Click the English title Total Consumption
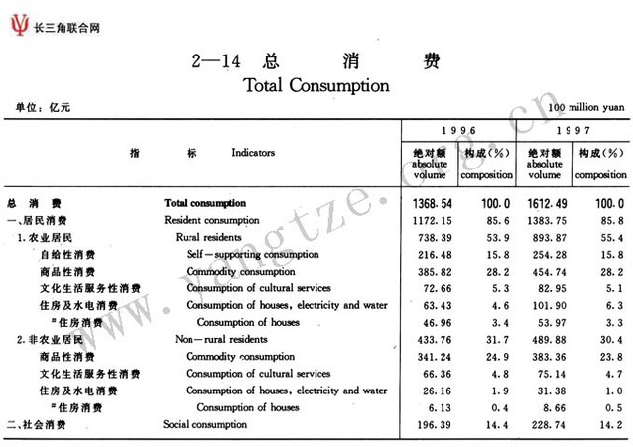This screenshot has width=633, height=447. point(316,85)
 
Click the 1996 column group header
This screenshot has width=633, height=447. point(458,130)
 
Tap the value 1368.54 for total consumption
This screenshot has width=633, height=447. point(431,202)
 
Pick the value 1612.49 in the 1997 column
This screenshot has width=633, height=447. point(546,202)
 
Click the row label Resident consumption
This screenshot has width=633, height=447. point(211,219)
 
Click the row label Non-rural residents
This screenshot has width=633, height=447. point(220,339)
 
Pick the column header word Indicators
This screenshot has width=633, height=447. point(253,154)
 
